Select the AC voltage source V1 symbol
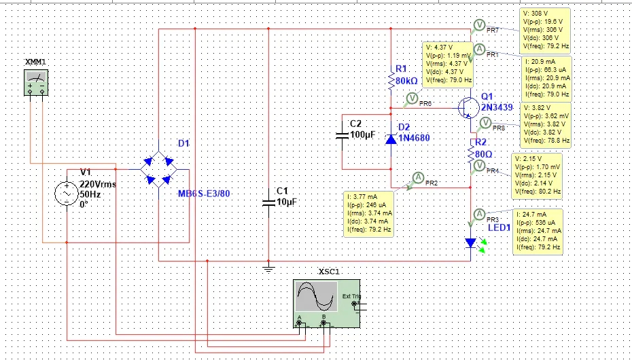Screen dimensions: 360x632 pyautogui.click(x=68, y=194)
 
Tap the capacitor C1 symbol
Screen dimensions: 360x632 pyautogui.click(x=268, y=202)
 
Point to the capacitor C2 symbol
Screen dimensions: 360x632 pyautogui.click(x=343, y=136)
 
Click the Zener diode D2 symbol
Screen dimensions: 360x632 pyautogui.click(x=391, y=139)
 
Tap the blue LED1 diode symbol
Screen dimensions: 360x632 pyautogui.click(x=470, y=242)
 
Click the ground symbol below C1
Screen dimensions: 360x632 pyautogui.click(x=268, y=268)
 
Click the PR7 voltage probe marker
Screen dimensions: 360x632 pyautogui.click(x=478, y=25)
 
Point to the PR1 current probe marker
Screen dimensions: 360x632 pyautogui.click(x=478, y=49)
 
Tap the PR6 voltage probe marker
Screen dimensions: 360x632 pyautogui.click(x=412, y=99)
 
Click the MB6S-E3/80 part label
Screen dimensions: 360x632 pyautogui.click(x=204, y=194)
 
